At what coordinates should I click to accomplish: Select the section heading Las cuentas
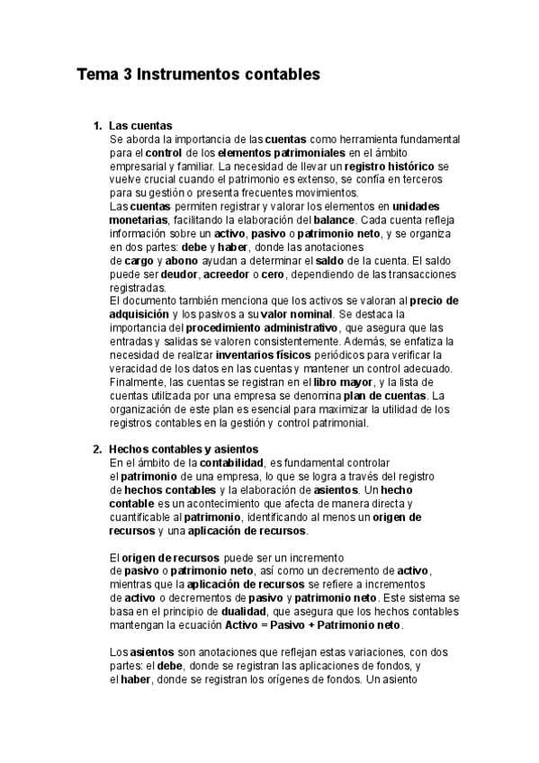(x=140, y=126)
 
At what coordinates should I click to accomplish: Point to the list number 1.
(x=97, y=126)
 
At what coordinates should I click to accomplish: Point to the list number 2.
(x=97, y=448)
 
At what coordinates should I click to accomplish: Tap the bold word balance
(x=337, y=220)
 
